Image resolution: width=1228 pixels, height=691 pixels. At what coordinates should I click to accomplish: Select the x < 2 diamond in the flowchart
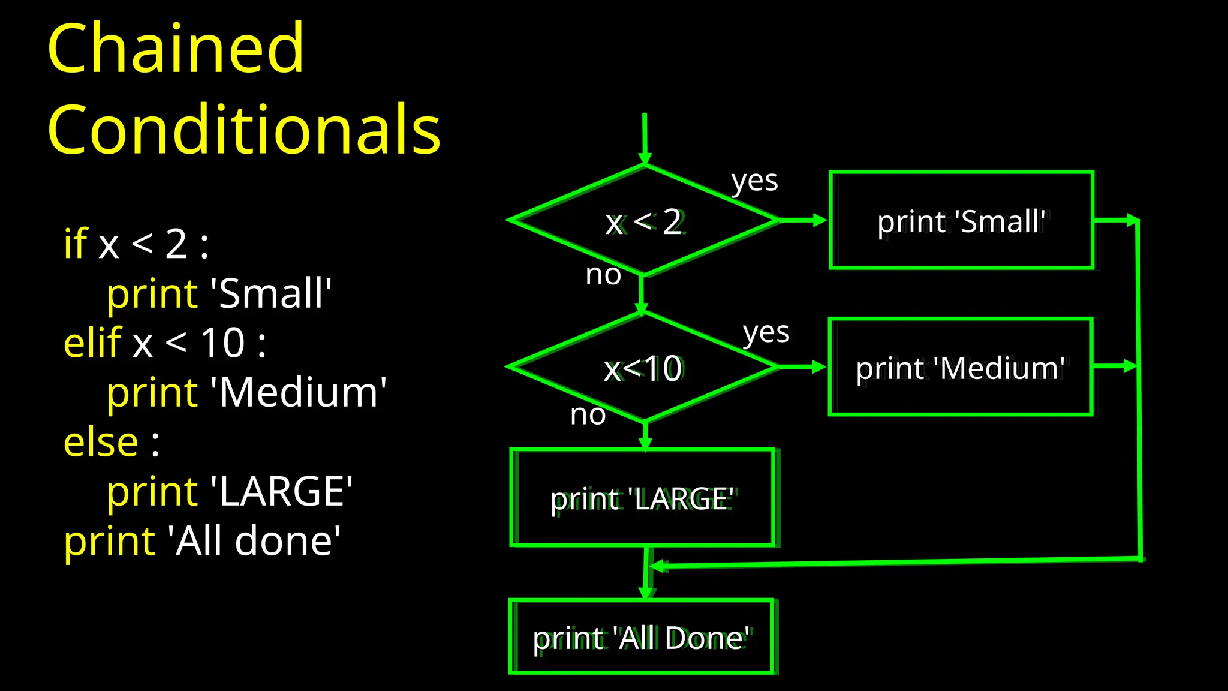point(644,221)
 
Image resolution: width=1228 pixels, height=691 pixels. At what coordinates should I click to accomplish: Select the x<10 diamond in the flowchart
point(643,368)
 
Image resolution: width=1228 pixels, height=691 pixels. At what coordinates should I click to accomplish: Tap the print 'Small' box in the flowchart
point(961,220)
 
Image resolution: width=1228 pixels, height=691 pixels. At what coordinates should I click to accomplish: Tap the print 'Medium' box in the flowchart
point(960,367)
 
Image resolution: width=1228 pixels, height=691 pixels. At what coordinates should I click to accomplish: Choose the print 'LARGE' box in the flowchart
point(642,498)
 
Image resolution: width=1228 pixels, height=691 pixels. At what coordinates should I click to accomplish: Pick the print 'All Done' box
point(641,637)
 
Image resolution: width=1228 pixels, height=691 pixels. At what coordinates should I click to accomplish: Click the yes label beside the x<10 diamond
point(766,333)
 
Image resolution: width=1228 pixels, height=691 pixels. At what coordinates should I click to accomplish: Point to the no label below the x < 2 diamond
point(603,275)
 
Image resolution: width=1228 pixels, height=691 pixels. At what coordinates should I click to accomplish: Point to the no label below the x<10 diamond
point(588,414)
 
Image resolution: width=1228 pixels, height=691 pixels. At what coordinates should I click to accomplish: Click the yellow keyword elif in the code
point(93,343)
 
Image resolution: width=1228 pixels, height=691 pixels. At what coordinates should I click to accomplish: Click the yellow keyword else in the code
point(101,442)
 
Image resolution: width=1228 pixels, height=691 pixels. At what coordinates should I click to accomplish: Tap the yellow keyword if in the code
point(76,244)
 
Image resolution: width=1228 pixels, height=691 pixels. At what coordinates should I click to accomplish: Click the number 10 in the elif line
point(222,343)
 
